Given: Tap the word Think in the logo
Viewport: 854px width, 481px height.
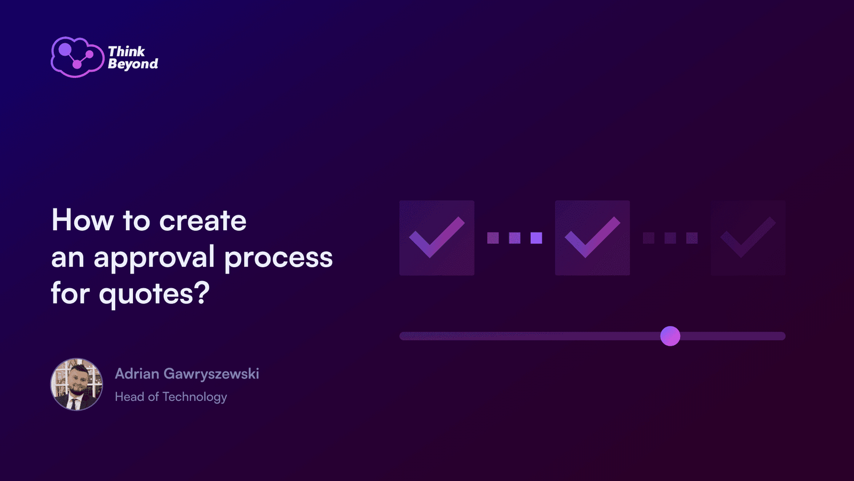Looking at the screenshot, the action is point(126,51).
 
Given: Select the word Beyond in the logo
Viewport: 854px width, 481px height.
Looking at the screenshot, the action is point(133,64).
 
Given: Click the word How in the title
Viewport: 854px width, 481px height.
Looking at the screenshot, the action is point(83,220).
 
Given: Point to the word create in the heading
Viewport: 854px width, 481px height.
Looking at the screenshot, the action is point(203,221).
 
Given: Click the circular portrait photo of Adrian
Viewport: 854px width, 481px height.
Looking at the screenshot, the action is point(77,384).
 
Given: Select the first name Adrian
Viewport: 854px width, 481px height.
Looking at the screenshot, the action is point(137,374).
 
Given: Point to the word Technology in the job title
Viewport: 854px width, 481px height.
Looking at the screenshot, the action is point(195,397).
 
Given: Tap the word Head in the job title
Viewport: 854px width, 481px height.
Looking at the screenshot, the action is point(130,397).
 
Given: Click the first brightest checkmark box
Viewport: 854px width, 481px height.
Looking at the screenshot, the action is point(437,238).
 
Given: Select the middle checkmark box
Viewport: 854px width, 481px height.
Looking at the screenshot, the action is point(592,238).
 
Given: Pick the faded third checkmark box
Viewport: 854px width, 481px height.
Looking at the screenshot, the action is point(748,238).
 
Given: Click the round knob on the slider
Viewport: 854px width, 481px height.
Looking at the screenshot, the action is point(670,336).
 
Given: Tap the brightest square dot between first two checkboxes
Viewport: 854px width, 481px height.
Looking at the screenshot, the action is point(536,238).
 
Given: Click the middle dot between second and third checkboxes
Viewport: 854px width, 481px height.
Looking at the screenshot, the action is point(670,238).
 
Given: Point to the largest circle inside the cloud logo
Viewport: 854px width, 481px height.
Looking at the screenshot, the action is point(65,49).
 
